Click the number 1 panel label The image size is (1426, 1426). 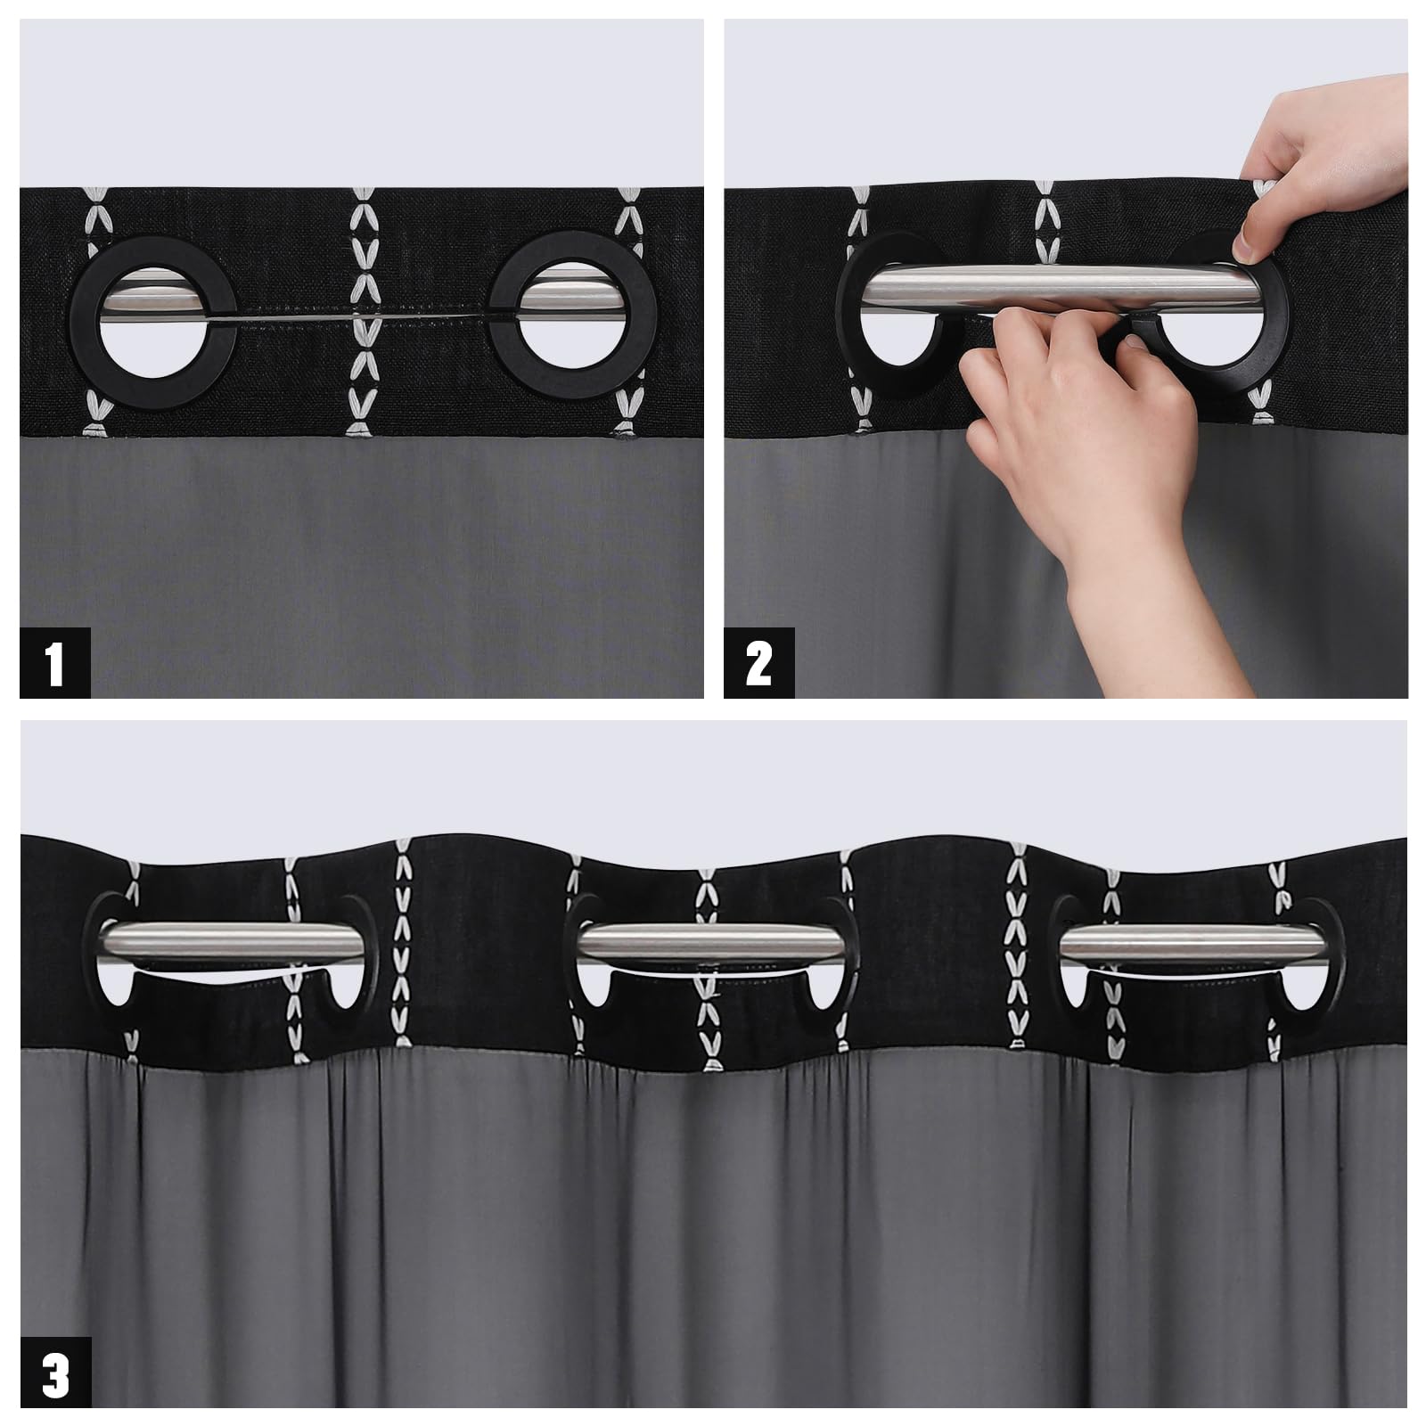click(55, 663)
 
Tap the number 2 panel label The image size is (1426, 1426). click(758, 663)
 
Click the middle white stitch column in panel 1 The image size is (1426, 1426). click(362, 312)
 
